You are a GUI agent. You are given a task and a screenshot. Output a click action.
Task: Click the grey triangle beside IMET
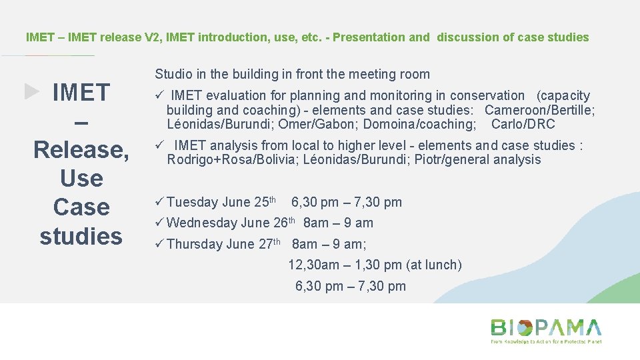coord(32,91)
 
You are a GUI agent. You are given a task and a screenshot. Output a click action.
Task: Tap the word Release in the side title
coord(81,149)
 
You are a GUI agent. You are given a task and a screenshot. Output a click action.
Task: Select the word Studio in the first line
coord(173,74)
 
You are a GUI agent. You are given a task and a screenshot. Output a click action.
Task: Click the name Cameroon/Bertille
coord(539,110)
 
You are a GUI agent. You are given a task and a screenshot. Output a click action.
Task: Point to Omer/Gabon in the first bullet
coord(307,124)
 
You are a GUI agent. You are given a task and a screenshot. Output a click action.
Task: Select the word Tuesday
coord(193,202)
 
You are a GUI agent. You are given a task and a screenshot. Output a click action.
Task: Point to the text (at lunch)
coord(433,265)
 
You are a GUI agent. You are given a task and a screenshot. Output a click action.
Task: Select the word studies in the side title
coord(81,235)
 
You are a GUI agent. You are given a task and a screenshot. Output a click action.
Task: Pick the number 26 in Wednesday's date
coord(281,223)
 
